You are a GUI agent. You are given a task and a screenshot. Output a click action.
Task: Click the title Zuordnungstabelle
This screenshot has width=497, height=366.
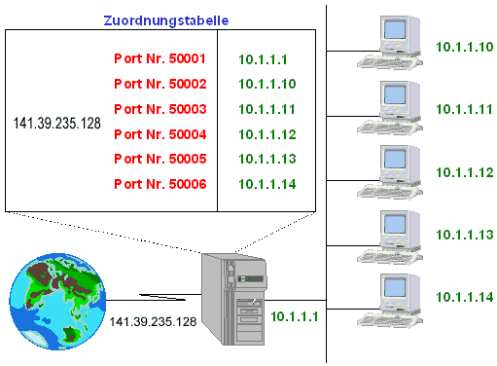coord(166,20)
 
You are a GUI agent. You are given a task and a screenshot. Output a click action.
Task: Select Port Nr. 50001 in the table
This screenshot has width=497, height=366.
coord(160,58)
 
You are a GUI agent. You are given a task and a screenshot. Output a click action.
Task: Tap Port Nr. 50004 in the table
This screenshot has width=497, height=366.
coord(160,134)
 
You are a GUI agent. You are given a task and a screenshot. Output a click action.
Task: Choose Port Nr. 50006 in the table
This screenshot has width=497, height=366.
coord(160,184)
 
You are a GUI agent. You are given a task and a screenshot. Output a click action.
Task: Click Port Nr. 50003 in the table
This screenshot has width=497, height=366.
coord(160,109)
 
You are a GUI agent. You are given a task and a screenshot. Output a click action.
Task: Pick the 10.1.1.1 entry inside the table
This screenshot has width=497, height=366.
coord(263,59)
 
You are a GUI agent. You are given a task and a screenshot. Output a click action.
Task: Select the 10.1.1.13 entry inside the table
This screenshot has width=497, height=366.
coord(267,159)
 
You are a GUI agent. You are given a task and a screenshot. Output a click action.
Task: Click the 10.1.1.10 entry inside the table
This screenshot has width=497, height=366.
coord(267,84)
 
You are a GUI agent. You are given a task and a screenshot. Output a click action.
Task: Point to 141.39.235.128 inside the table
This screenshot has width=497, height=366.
coord(57,124)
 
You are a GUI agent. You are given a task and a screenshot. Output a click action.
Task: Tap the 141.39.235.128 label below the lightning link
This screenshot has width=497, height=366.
coord(153,321)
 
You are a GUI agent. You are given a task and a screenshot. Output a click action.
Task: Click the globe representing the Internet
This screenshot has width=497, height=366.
coord(57,302)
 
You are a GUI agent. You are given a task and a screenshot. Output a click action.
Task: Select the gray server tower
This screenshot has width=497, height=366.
coord(234,299)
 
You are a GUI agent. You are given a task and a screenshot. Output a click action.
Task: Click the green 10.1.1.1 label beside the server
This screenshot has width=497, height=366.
coord(295,316)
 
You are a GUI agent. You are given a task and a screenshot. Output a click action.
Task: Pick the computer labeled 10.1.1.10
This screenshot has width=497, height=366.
coord(390,43)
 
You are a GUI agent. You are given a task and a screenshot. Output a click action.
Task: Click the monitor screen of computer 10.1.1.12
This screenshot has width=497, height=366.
coord(395,160)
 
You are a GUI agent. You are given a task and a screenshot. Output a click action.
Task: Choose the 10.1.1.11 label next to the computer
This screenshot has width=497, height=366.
coord(464,109)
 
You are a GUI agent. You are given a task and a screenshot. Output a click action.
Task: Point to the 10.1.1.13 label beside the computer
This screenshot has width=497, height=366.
coord(465,235)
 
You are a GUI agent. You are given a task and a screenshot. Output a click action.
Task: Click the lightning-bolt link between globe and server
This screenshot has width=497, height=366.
coord(162,297)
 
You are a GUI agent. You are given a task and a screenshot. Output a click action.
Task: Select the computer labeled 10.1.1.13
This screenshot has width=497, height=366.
coord(390,238)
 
